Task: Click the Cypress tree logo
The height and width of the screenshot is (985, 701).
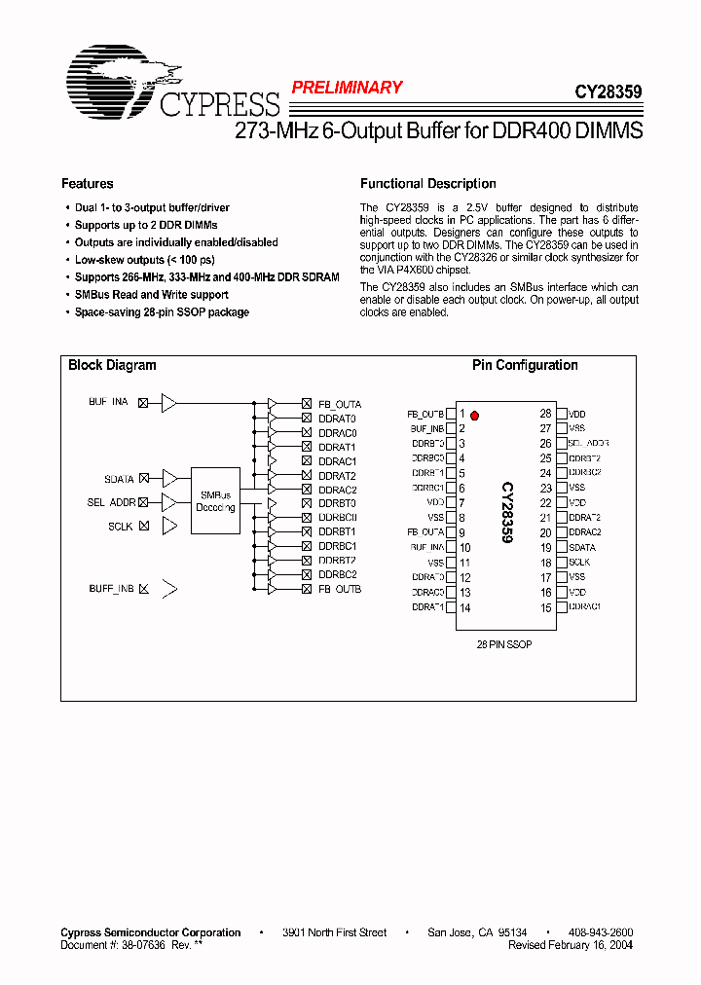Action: coord(123,75)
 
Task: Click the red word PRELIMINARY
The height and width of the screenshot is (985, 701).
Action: coord(347,88)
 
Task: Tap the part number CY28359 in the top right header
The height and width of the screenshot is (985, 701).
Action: coord(608,93)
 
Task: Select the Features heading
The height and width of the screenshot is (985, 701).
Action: coord(88,184)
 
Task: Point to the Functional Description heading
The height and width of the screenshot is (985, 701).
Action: coord(427,184)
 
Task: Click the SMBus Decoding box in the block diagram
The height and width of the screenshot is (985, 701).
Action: coord(215,500)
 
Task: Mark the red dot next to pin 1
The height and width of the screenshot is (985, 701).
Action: coord(474,415)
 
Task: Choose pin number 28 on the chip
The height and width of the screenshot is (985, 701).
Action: coord(545,414)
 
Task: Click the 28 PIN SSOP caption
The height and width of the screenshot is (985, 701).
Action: coord(503,644)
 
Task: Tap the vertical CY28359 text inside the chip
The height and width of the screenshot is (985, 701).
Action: coord(507,512)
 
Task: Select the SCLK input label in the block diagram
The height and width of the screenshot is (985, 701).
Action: coord(121,526)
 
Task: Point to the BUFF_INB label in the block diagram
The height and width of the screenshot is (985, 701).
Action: coord(111,589)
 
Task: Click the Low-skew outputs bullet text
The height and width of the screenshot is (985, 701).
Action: coord(144,260)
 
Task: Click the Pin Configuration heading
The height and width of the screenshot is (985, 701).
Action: coord(525,366)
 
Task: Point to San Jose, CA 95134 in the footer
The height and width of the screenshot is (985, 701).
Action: coord(477,932)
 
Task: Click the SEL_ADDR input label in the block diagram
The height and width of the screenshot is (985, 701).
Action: coord(111,502)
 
